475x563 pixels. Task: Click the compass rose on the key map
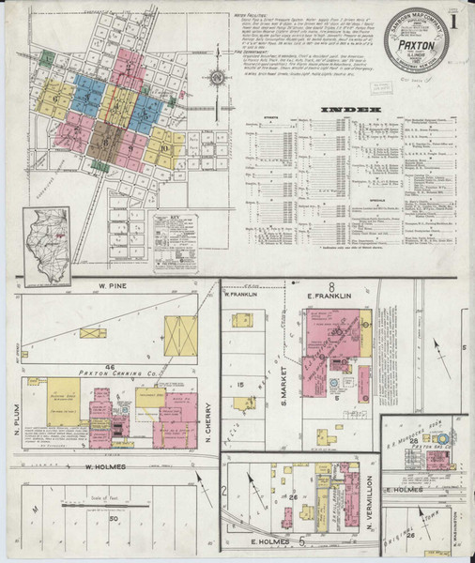click(218, 77)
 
